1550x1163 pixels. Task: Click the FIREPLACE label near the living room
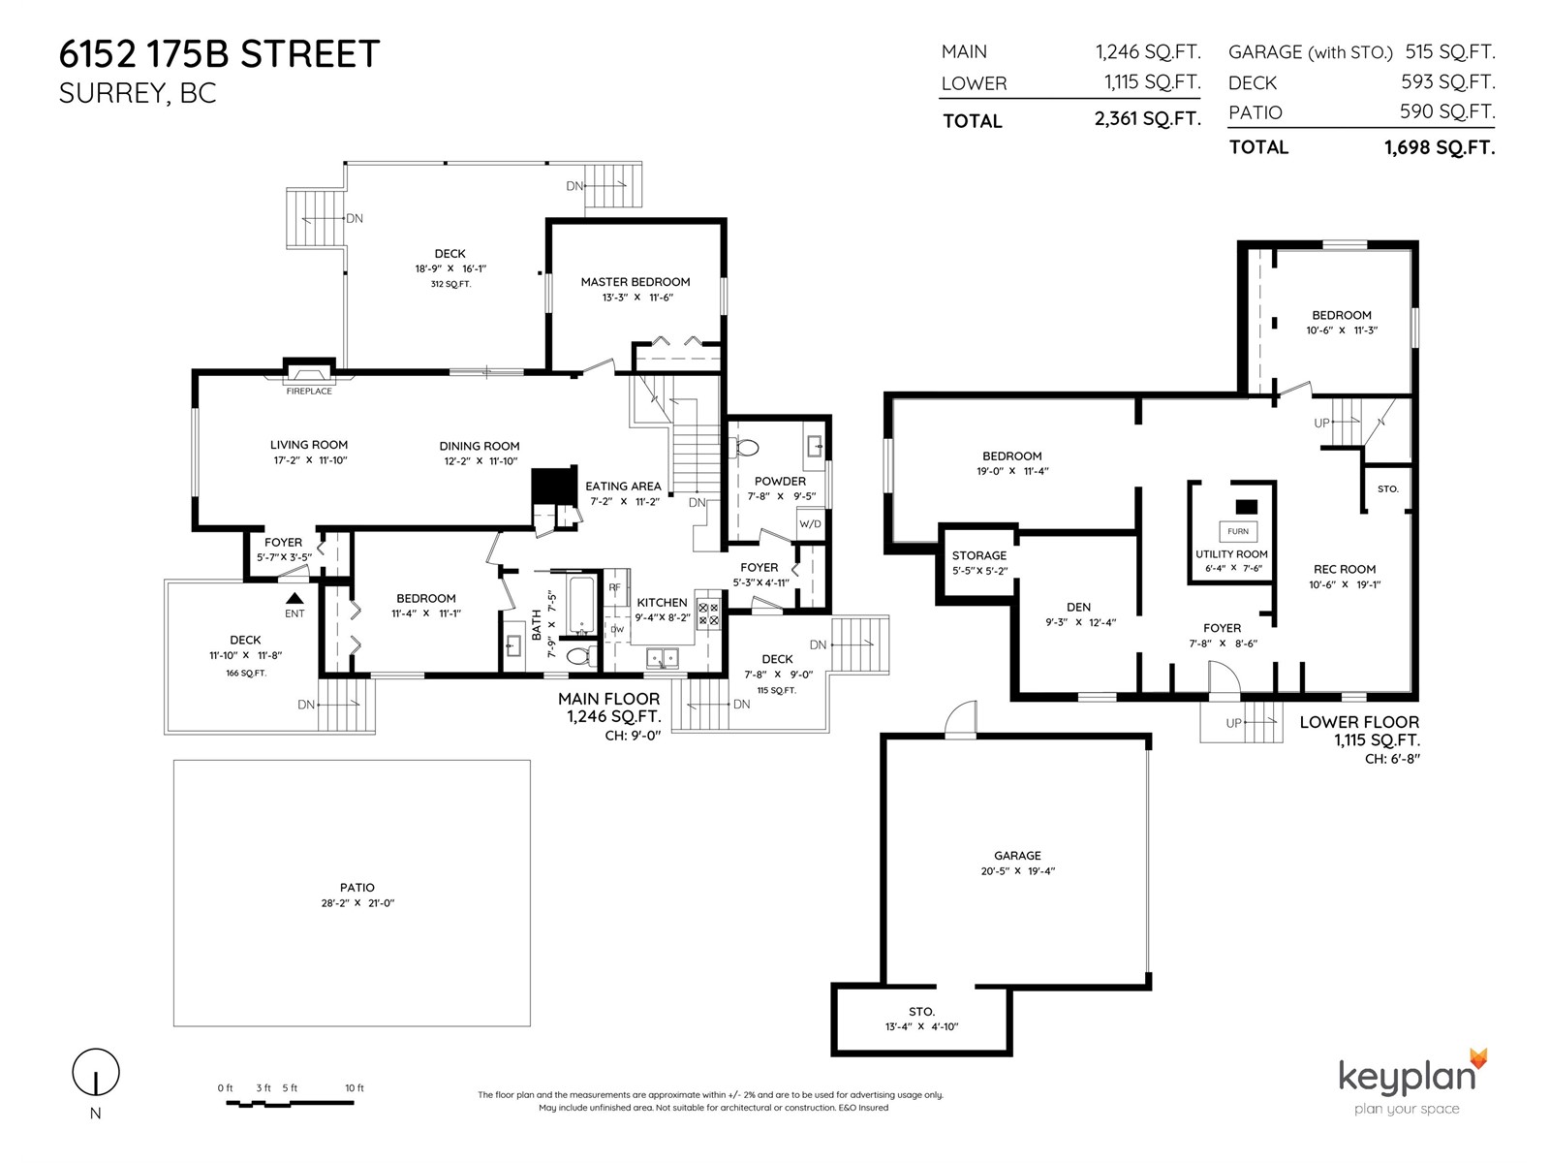(309, 392)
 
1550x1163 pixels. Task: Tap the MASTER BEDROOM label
(635, 282)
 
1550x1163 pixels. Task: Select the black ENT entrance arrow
(294, 598)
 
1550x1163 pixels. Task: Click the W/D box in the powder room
(810, 524)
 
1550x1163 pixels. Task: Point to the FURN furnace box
(1238, 531)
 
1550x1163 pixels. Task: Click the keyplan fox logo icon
(1478, 1058)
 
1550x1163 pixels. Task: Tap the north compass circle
(96, 1072)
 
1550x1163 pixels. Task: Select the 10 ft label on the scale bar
(355, 1088)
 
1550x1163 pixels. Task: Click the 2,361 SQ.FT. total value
(1148, 118)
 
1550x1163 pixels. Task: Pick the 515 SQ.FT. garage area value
(1449, 52)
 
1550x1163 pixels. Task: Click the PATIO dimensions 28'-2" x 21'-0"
(357, 902)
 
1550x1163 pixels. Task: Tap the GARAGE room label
(1017, 855)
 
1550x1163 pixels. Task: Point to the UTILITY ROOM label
(1231, 554)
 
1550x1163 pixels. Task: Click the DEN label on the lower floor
(1078, 608)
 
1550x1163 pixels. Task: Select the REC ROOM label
(1345, 569)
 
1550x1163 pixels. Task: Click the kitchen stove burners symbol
(708, 614)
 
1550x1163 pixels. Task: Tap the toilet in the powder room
(746, 447)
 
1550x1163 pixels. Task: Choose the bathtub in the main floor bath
(582, 605)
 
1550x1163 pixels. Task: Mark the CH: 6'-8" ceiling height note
(1392, 759)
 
